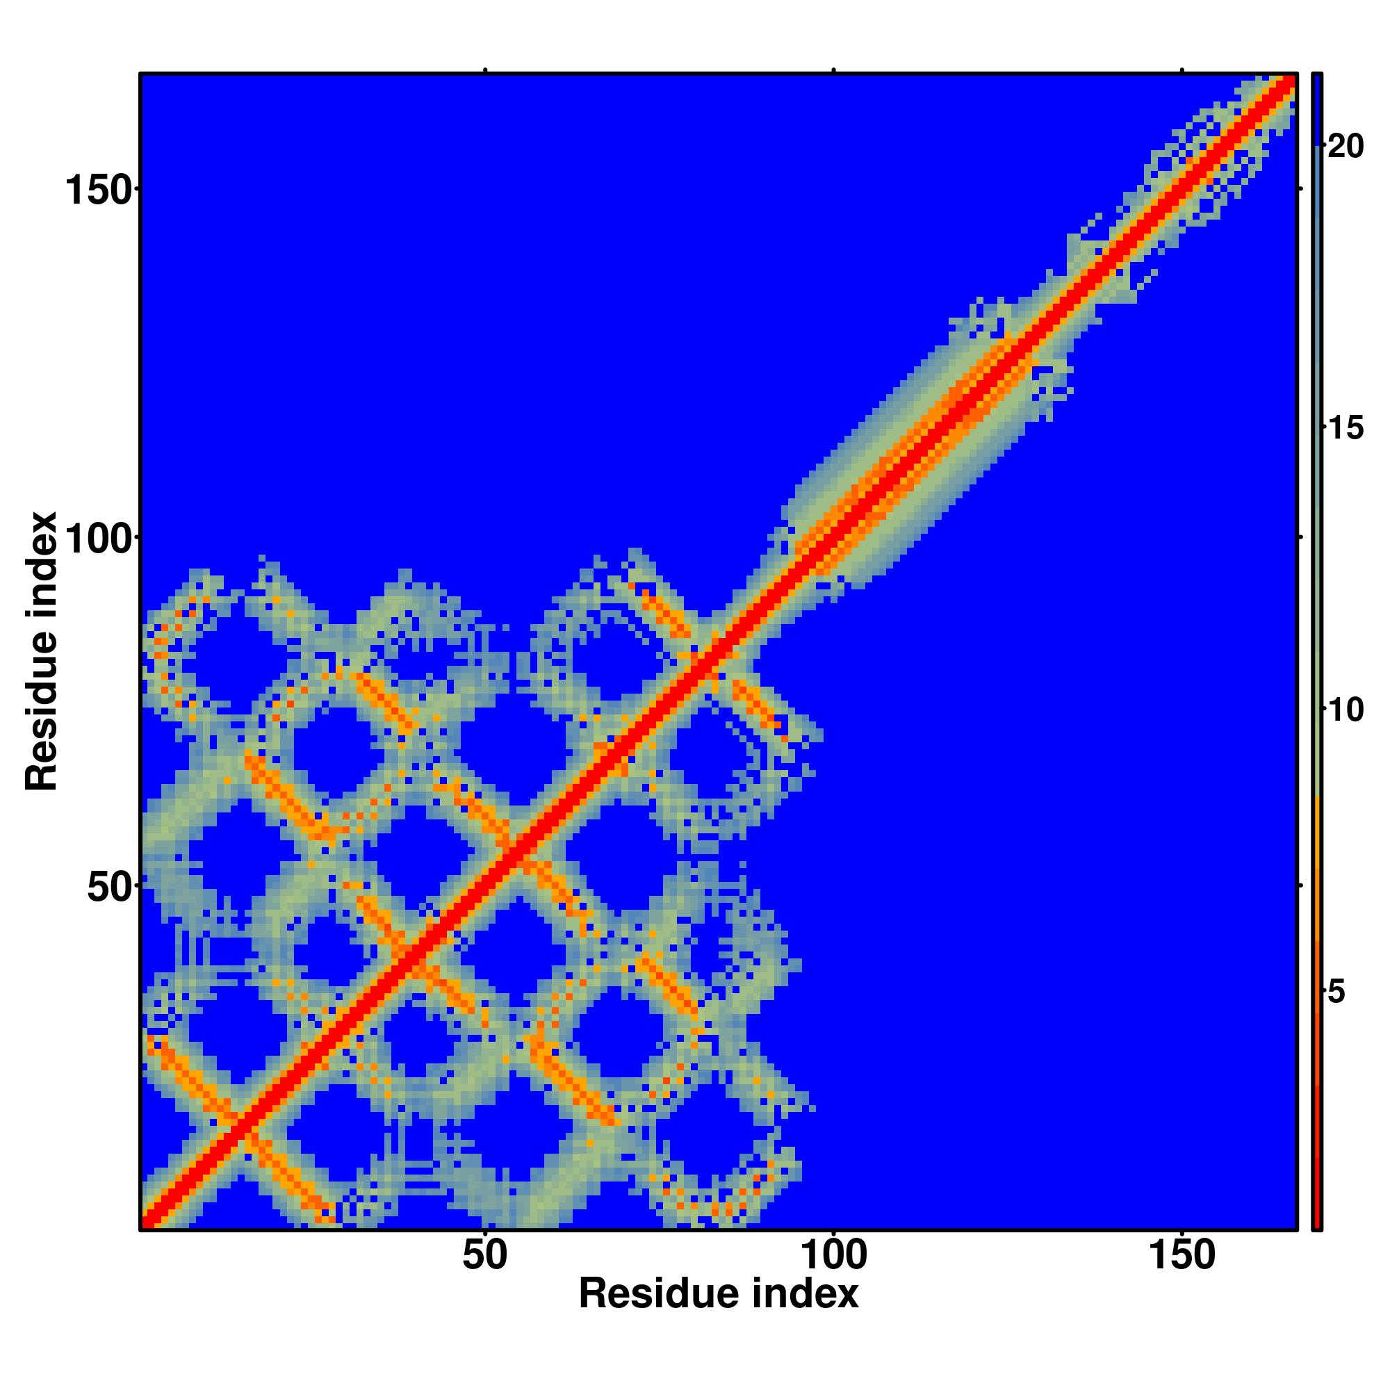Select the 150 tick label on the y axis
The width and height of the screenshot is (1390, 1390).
pos(99,190)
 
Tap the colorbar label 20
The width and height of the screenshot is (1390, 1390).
pos(1345,147)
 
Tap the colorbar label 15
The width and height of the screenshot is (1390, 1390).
pos(1345,429)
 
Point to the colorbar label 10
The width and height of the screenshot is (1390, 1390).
pos(1345,711)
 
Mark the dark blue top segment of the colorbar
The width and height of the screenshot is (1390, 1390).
pos(1316,108)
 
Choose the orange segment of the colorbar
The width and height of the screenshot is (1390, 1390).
pos(1316,863)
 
